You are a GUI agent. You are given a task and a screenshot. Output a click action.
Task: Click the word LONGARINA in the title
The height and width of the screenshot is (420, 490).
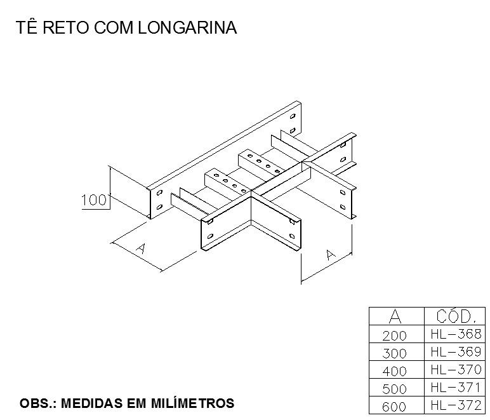(187, 27)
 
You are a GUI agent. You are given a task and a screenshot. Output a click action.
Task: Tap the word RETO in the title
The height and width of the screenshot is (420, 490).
(65, 27)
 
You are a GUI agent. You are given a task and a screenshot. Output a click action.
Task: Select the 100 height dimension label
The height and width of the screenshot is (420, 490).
(94, 200)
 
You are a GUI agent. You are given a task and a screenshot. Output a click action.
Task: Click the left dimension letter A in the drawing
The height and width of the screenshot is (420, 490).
(142, 248)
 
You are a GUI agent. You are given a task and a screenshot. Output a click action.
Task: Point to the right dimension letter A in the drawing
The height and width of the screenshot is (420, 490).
(330, 255)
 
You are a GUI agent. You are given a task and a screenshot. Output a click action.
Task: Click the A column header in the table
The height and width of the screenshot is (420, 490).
(395, 316)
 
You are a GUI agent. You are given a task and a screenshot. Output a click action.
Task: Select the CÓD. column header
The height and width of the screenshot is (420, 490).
(456, 316)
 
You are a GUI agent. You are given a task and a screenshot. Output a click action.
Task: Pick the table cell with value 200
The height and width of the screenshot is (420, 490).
(394, 336)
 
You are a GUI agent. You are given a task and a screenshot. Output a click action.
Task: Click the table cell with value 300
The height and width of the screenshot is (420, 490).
(394, 354)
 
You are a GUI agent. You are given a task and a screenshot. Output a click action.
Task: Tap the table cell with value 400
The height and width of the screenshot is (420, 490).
(394, 372)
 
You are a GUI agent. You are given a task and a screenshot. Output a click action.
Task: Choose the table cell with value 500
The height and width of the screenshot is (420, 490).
(394, 389)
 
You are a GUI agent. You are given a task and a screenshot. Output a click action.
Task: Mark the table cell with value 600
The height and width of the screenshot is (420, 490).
(394, 407)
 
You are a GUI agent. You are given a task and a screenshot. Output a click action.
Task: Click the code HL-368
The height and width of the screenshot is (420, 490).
(456, 334)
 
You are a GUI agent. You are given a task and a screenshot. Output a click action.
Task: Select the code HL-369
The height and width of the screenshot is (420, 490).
(456, 352)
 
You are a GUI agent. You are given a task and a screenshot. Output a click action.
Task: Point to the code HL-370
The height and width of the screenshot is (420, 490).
(456, 370)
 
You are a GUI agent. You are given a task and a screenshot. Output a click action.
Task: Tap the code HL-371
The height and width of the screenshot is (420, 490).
(455, 388)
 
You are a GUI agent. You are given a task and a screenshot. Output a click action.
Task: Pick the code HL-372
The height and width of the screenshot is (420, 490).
(456, 405)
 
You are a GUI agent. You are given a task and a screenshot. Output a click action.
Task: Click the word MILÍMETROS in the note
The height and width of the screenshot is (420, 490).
(193, 403)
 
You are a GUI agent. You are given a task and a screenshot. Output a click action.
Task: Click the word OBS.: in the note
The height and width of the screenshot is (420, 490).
(38, 403)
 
